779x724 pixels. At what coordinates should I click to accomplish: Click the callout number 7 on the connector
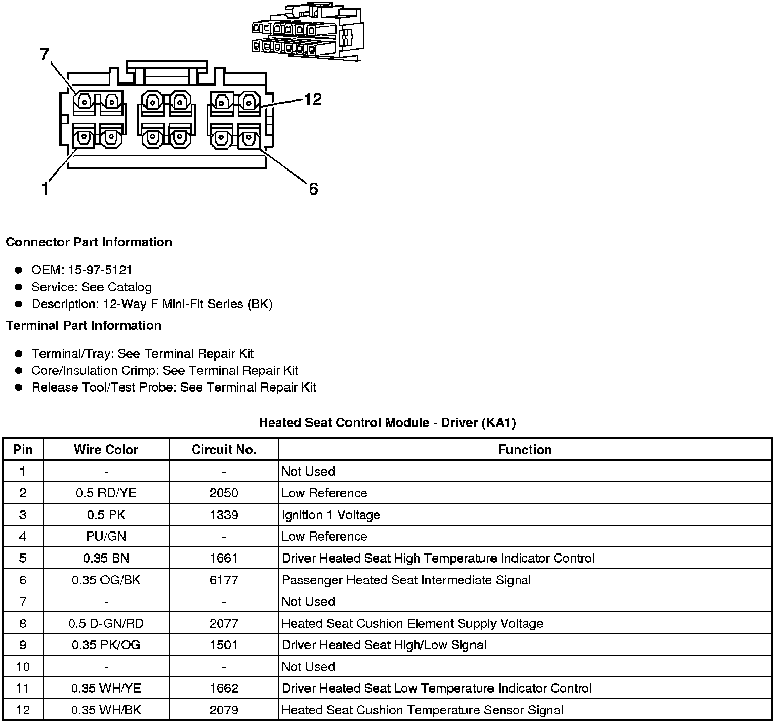click(x=45, y=54)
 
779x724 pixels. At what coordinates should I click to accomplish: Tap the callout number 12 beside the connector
click(x=313, y=99)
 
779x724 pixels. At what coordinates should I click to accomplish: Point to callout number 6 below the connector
click(x=313, y=189)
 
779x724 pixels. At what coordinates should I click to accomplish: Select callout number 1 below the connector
click(x=45, y=189)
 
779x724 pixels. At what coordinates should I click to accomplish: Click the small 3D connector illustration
click(x=307, y=32)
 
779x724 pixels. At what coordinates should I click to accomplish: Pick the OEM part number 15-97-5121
click(x=100, y=270)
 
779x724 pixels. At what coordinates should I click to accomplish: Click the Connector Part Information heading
click(x=89, y=242)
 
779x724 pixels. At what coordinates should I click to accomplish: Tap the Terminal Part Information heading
click(x=84, y=326)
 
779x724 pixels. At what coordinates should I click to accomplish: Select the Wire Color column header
click(x=106, y=450)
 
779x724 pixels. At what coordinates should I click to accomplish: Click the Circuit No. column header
click(x=224, y=450)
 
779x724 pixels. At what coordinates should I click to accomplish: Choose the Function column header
click(x=525, y=450)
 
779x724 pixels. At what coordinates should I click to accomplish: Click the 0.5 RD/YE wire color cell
click(x=106, y=493)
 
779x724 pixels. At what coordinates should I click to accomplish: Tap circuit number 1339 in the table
click(x=224, y=515)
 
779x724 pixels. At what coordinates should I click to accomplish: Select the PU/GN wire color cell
click(x=106, y=537)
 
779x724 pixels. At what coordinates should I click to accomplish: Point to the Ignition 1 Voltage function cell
click(x=331, y=515)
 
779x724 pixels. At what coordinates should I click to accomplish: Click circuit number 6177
click(x=224, y=580)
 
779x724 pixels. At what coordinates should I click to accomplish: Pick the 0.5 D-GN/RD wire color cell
click(x=106, y=624)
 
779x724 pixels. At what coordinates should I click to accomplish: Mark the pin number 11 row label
click(x=23, y=689)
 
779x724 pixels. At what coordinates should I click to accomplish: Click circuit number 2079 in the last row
click(x=224, y=710)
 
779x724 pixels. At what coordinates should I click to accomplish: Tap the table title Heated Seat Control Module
click(x=387, y=423)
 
